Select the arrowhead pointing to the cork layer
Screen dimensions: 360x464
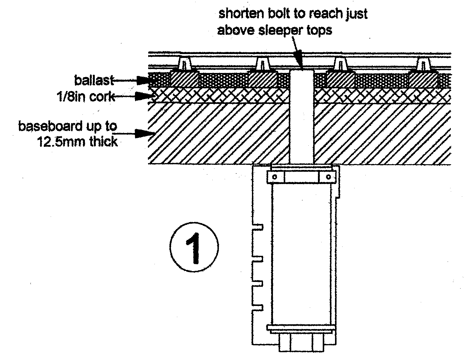(141, 96)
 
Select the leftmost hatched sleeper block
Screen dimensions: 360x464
(184, 79)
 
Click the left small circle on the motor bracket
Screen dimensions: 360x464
(274, 177)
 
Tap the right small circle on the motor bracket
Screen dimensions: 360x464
(328, 177)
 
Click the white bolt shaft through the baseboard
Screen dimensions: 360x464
(301, 120)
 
